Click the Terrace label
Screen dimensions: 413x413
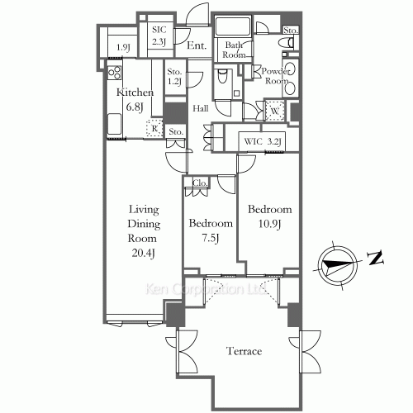244,352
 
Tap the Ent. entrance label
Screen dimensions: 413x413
197,46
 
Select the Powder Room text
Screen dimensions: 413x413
275,76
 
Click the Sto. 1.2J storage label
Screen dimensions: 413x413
174,77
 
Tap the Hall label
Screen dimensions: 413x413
201,108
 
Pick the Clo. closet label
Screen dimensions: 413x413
199,183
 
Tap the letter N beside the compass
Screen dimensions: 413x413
375,259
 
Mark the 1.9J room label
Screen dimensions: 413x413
123,48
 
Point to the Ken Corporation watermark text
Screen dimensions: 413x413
202,291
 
